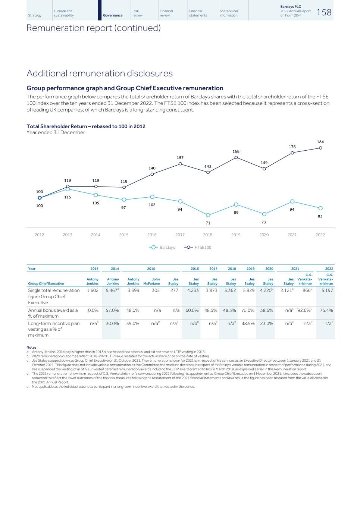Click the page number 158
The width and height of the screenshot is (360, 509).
(x=324, y=12)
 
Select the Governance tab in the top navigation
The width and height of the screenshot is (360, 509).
(x=112, y=15)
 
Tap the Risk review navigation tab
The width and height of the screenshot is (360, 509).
(x=137, y=13)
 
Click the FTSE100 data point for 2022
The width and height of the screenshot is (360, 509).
(x=320, y=148)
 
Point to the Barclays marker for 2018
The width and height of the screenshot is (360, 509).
(x=208, y=215)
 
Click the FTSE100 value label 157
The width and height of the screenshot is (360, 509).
(x=180, y=158)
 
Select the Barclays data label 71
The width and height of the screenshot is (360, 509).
(x=208, y=223)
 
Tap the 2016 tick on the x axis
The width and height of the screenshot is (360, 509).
(x=152, y=235)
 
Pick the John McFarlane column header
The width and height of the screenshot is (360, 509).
(x=151, y=282)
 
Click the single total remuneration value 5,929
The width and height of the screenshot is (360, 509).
(x=248, y=290)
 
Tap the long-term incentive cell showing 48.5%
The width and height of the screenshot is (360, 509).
(x=248, y=324)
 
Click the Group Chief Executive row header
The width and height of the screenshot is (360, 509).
(x=46, y=284)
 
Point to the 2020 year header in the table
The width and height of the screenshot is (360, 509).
(x=269, y=268)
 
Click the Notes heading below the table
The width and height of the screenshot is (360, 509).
(x=31, y=348)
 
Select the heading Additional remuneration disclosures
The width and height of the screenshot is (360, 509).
(x=100, y=73)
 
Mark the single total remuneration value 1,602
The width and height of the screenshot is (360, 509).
(x=92, y=290)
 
